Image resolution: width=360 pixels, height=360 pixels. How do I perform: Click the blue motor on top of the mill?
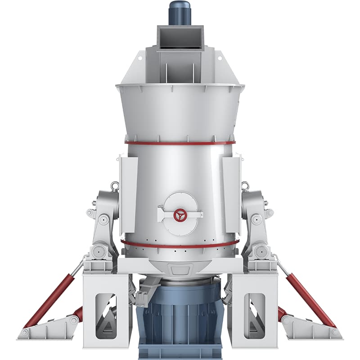[x=180, y=13]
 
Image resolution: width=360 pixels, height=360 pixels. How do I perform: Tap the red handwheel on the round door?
[x=180, y=215]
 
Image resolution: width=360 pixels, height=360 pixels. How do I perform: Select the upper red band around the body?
[x=180, y=143]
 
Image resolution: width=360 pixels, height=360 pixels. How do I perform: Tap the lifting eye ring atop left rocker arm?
[x=115, y=185]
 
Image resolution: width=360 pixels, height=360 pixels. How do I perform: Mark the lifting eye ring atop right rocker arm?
[x=245, y=185]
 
